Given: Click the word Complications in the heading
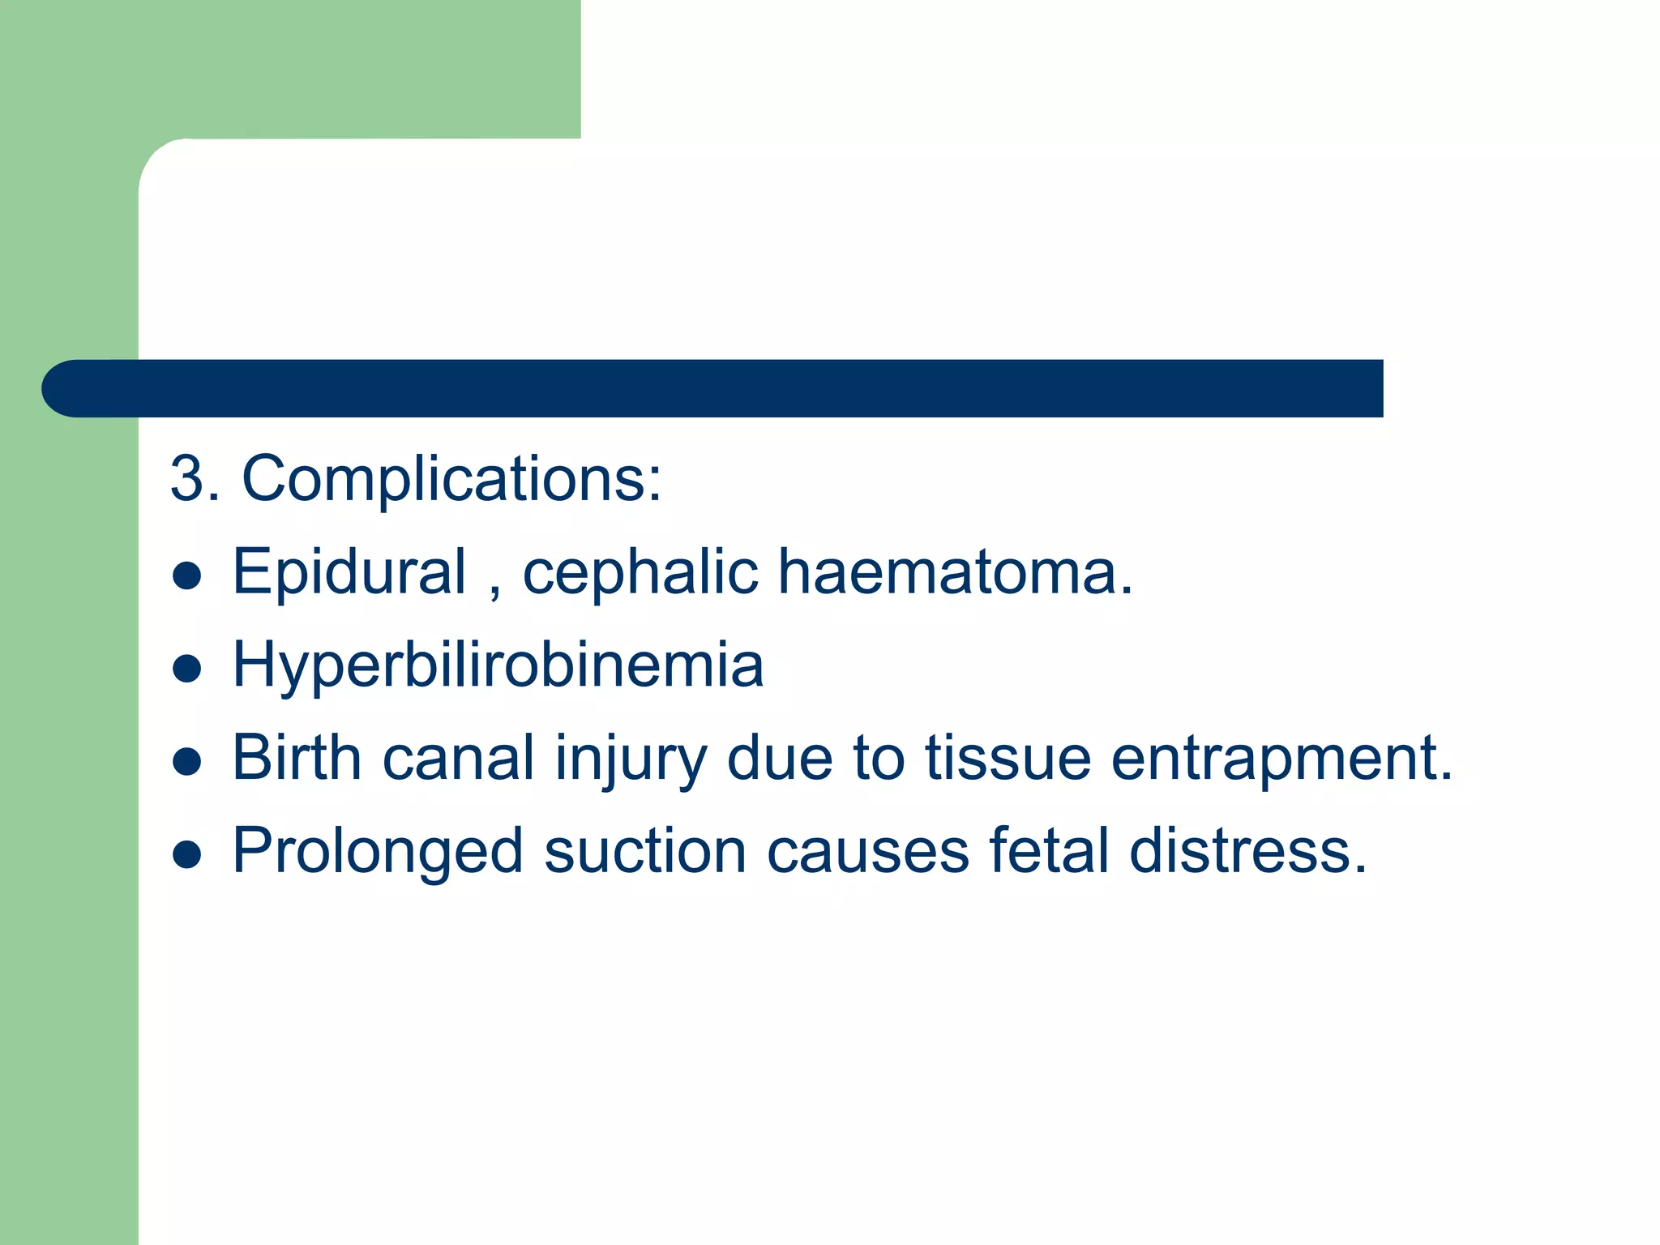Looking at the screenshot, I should click(x=451, y=480).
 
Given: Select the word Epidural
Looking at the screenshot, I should click(x=349, y=571).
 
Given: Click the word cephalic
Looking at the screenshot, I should click(x=640, y=573).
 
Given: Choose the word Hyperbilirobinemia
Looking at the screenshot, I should click(x=498, y=665).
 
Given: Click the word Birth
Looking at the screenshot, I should click(x=297, y=758).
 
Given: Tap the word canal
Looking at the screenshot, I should click(x=458, y=758).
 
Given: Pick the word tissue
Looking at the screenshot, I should click(x=1008, y=758).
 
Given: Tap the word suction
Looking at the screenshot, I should click(x=645, y=851).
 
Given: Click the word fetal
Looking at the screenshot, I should click(x=1049, y=851).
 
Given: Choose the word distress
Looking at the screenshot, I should click(x=1247, y=851).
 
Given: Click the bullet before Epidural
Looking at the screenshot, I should click(x=187, y=575).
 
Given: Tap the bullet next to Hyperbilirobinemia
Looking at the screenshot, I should click(x=187, y=669).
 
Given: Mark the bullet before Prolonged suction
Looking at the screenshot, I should click(x=187, y=854).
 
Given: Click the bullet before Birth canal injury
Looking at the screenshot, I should click(x=187, y=762).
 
